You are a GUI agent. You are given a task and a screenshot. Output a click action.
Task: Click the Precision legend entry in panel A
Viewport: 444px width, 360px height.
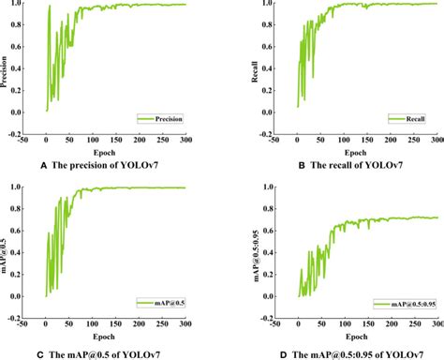[161, 119]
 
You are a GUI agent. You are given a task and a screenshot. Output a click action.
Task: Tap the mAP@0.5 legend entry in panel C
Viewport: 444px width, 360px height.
[160, 304]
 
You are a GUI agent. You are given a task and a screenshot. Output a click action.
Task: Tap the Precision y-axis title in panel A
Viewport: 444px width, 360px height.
[7, 70]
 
